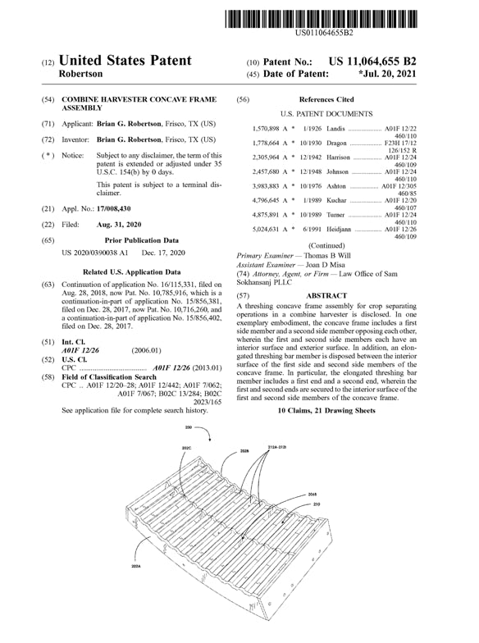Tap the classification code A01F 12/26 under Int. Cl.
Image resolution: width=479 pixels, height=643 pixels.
coord(80,349)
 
